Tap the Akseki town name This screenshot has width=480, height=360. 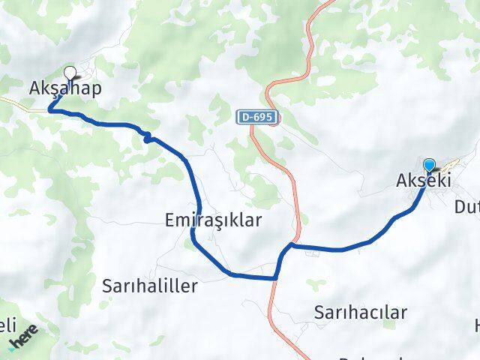click(422, 181)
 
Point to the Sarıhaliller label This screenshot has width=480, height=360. click(149, 286)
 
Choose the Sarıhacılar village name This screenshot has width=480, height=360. click(361, 312)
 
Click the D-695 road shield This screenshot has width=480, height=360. click(257, 118)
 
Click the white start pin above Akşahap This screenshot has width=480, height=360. click(70, 73)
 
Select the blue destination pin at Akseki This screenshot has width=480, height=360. click(429, 166)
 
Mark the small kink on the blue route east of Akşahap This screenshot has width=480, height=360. click(148, 136)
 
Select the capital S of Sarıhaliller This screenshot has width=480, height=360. click(107, 286)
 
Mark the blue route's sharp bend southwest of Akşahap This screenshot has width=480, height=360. click(51, 110)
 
